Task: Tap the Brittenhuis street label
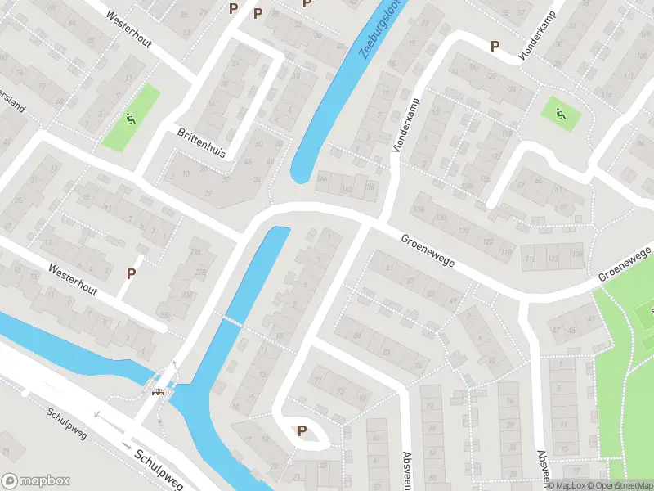click(x=201, y=142)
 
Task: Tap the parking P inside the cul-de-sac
click(x=302, y=431)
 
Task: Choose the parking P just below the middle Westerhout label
click(x=130, y=273)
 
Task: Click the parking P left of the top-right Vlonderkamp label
click(x=494, y=47)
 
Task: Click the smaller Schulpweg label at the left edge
click(x=66, y=424)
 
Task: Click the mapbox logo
click(x=36, y=481)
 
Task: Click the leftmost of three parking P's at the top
click(x=234, y=8)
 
